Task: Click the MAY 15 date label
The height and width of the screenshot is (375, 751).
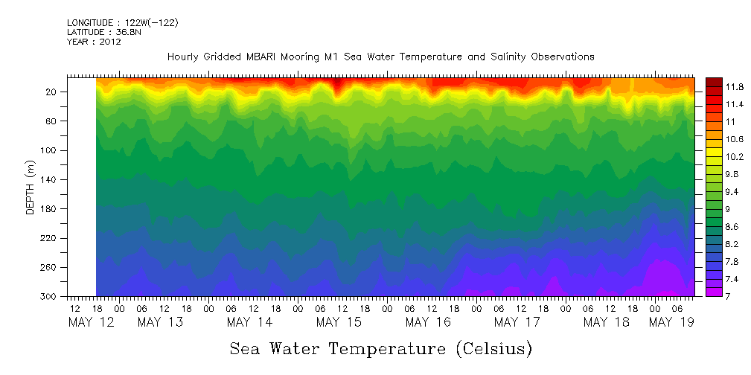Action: point(339,322)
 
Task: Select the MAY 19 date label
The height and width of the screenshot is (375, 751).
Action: point(671,322)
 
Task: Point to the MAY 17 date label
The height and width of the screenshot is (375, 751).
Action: point(517,322)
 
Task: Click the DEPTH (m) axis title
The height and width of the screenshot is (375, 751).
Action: point(31,187)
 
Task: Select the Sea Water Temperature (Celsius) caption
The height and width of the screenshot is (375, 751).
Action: point(381,349)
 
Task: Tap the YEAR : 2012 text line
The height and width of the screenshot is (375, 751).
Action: point(94,42)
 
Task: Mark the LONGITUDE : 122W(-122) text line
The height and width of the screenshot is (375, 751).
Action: point(122,23)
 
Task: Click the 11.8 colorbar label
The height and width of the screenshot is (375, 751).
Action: point(735,86)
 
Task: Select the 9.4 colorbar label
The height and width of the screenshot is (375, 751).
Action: point(734,192)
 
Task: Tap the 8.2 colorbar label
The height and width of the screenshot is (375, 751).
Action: point(734,244)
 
